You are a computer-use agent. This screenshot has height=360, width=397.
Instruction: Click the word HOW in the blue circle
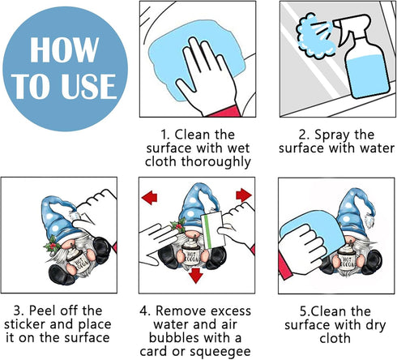click(64, 49)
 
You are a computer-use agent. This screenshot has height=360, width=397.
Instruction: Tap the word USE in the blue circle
click(89, 86)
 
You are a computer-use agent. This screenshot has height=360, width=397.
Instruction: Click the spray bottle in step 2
click(362, 57)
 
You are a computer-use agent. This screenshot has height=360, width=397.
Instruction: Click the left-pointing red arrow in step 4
click(149, 197)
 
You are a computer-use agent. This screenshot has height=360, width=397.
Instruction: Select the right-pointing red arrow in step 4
click(244, 195)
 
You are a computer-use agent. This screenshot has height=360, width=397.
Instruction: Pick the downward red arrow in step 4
click(196, 275)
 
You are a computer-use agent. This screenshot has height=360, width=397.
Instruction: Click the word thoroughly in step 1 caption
click(216, 161)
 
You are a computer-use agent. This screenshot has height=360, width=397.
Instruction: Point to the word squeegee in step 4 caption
click(220, 352)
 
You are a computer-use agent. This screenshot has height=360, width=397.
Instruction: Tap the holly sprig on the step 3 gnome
click(51, 245)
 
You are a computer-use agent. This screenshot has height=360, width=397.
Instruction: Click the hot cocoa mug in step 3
click(79, 259)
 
